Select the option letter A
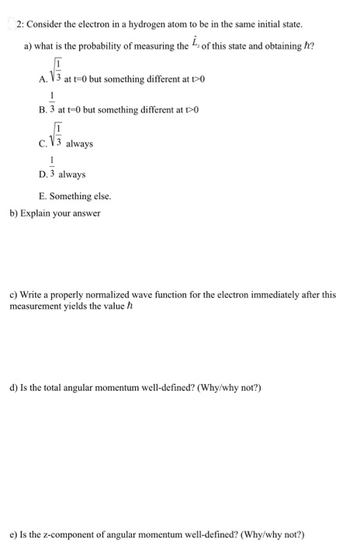[41, 79]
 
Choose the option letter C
[41, 144]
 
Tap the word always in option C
[80, 144]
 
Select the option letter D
[41, 175]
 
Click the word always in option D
[72, 175]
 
